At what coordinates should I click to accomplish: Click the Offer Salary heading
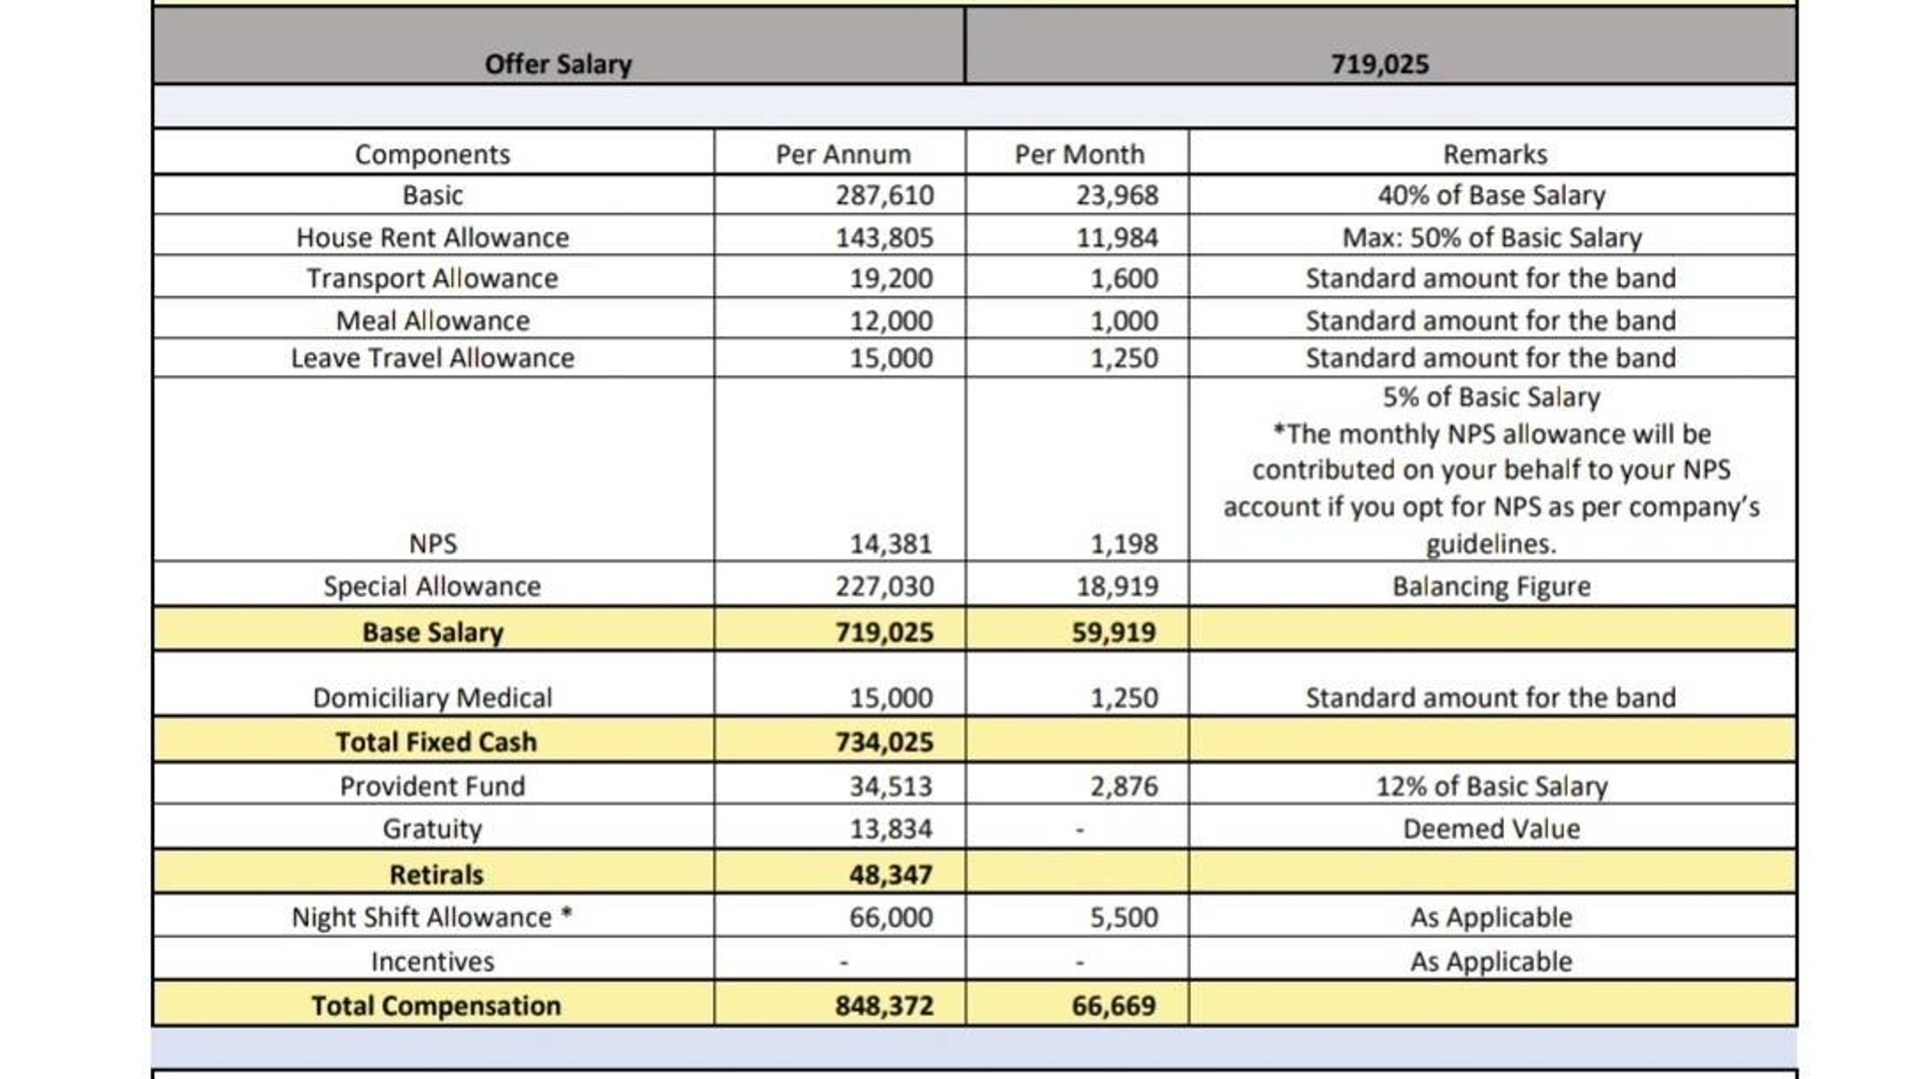point(558,64)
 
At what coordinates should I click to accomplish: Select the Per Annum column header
point(843,154)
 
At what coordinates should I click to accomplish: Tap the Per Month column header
point(1079,154)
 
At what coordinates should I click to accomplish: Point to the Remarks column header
point(1495,154)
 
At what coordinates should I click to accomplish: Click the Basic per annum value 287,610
point(884,195)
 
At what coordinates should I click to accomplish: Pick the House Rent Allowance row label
point(433,238)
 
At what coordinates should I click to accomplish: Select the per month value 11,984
point(1117,238)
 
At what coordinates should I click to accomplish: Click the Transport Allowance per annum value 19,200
point(891,278)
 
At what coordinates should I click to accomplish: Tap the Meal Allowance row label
point(433,321)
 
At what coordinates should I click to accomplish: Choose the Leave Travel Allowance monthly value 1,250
point(1125,358)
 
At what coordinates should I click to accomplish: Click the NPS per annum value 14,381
point(891,544)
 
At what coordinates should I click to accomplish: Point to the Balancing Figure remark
point(1491,587)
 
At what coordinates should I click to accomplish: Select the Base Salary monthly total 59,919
point(1114,632)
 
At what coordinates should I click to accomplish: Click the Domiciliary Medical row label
point(433,698)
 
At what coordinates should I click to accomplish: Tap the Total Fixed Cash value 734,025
point(884,742)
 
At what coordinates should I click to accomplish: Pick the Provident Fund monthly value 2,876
point(1125,786)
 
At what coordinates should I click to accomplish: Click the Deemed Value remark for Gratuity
point(1491,829)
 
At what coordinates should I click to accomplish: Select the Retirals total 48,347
point(891,875)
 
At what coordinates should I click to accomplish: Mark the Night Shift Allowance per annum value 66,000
point(891,918)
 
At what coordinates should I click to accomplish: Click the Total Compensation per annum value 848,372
point(884,1006)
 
